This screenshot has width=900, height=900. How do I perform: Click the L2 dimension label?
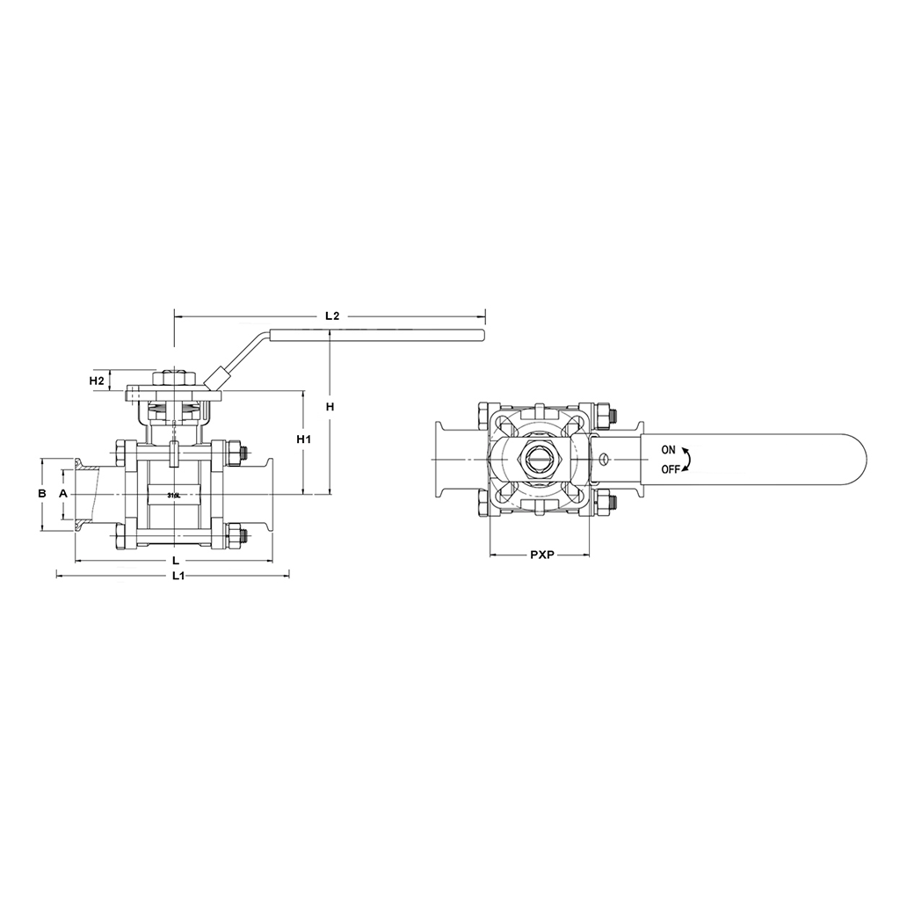331,315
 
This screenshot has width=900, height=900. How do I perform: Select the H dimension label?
330,406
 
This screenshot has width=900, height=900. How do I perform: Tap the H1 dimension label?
303,439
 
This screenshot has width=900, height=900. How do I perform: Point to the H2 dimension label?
98,381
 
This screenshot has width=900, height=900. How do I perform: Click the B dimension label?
41,494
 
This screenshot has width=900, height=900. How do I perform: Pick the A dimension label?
62,494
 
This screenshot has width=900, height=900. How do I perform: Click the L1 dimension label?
178,576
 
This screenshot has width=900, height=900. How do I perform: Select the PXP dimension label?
541,555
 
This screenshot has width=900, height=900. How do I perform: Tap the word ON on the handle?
670,450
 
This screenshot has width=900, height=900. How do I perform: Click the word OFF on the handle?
671,468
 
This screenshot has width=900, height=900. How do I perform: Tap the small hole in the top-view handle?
604,457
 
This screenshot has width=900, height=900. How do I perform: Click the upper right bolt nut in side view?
235,454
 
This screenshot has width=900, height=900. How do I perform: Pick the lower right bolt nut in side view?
235,533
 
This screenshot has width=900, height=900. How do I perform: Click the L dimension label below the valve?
176,560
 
